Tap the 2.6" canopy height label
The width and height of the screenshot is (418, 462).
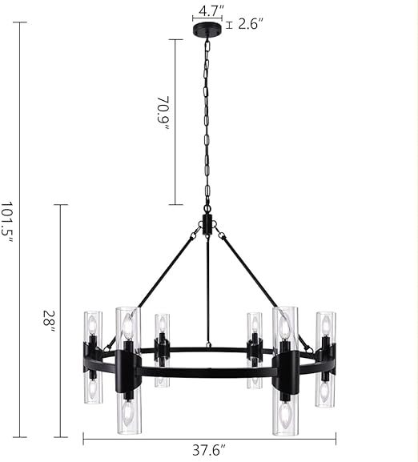(249, 24)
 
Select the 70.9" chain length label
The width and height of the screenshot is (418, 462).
(163, 114)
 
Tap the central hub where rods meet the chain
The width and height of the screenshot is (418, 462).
(207, 224)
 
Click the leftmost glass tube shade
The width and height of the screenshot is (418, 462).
(92, 356)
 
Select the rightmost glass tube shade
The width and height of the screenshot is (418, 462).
(325, 358)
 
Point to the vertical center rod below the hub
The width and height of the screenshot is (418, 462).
(207, 288)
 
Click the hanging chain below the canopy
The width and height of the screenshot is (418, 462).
(206, 120)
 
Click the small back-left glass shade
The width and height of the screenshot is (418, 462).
(162, 349)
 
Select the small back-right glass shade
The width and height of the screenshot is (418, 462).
(255, 349)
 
